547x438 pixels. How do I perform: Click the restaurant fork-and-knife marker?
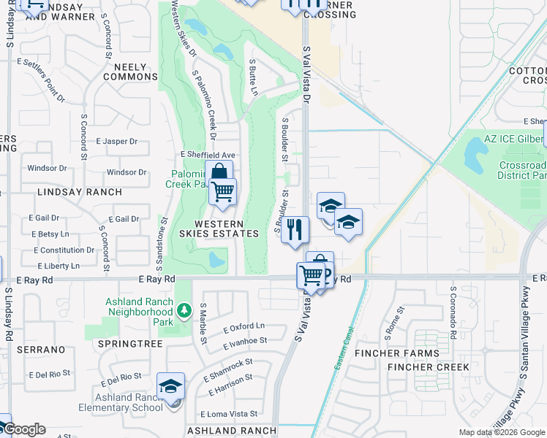pyautogui.click(x=295, y=229)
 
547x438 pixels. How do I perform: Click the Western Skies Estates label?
pyautogui.click(x=226, y=228)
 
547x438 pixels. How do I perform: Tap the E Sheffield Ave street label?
pyautogui.click(x=208, y=155)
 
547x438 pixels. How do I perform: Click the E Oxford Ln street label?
pyautogui.click(x=244, y=327)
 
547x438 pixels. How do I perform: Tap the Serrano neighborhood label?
pyautogui.click(x=43, y=350)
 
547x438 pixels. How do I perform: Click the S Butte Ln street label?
pyautogui.click(x=253, y=78)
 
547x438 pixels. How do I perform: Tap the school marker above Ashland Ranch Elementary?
pyautogui.click(x=171, y=386)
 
